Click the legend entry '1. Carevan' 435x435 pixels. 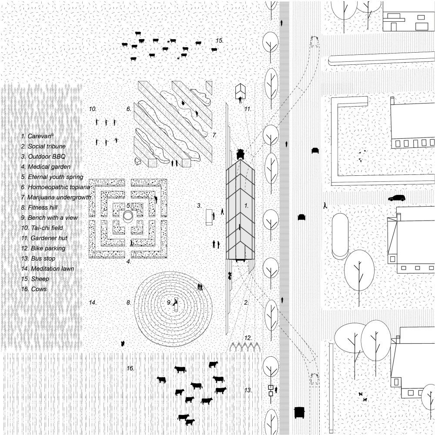(38, 136)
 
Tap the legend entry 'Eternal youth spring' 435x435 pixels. (55, 177)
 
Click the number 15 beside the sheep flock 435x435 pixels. (219, 40)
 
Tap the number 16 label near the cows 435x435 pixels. (130, 368)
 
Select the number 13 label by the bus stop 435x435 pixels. (248, 391)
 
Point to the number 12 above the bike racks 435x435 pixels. (248, 338)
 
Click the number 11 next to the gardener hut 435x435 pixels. (248, 109)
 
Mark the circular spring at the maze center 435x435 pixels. (128, 216)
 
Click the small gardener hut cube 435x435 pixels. (241, 92)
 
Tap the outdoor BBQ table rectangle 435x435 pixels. (209, 216)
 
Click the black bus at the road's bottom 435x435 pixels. (299, 412)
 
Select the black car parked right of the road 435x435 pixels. (396, 198)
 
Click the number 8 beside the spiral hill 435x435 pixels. (128, 302)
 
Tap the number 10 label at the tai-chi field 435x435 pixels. (93, 109)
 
